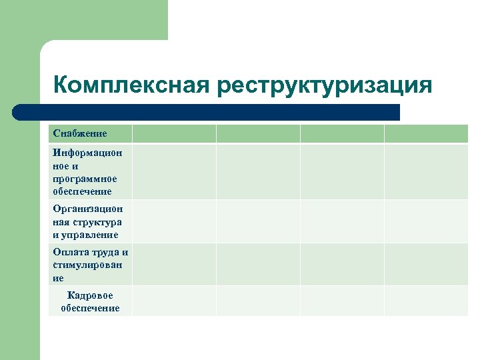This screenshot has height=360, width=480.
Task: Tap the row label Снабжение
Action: coord(80,134)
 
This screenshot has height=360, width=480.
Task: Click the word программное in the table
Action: coord(85,179)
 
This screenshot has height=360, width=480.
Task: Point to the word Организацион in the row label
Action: coord(88,209)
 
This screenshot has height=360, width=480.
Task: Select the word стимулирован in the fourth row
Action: coord(87,265)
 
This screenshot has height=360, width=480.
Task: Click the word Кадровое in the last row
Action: coord(90,295)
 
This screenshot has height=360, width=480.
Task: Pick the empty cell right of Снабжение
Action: coord(174,134)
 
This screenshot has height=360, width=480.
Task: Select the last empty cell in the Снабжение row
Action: coord(426,134)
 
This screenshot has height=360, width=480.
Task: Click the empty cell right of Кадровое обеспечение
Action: coord(174,301)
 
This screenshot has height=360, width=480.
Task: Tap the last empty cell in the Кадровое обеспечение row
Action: coord(426,301)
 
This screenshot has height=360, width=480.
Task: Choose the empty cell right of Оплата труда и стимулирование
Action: coord(174,265)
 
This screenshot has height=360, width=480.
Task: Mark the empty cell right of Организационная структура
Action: coord(174,221)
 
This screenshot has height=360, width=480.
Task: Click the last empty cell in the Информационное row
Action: coord(426,172)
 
